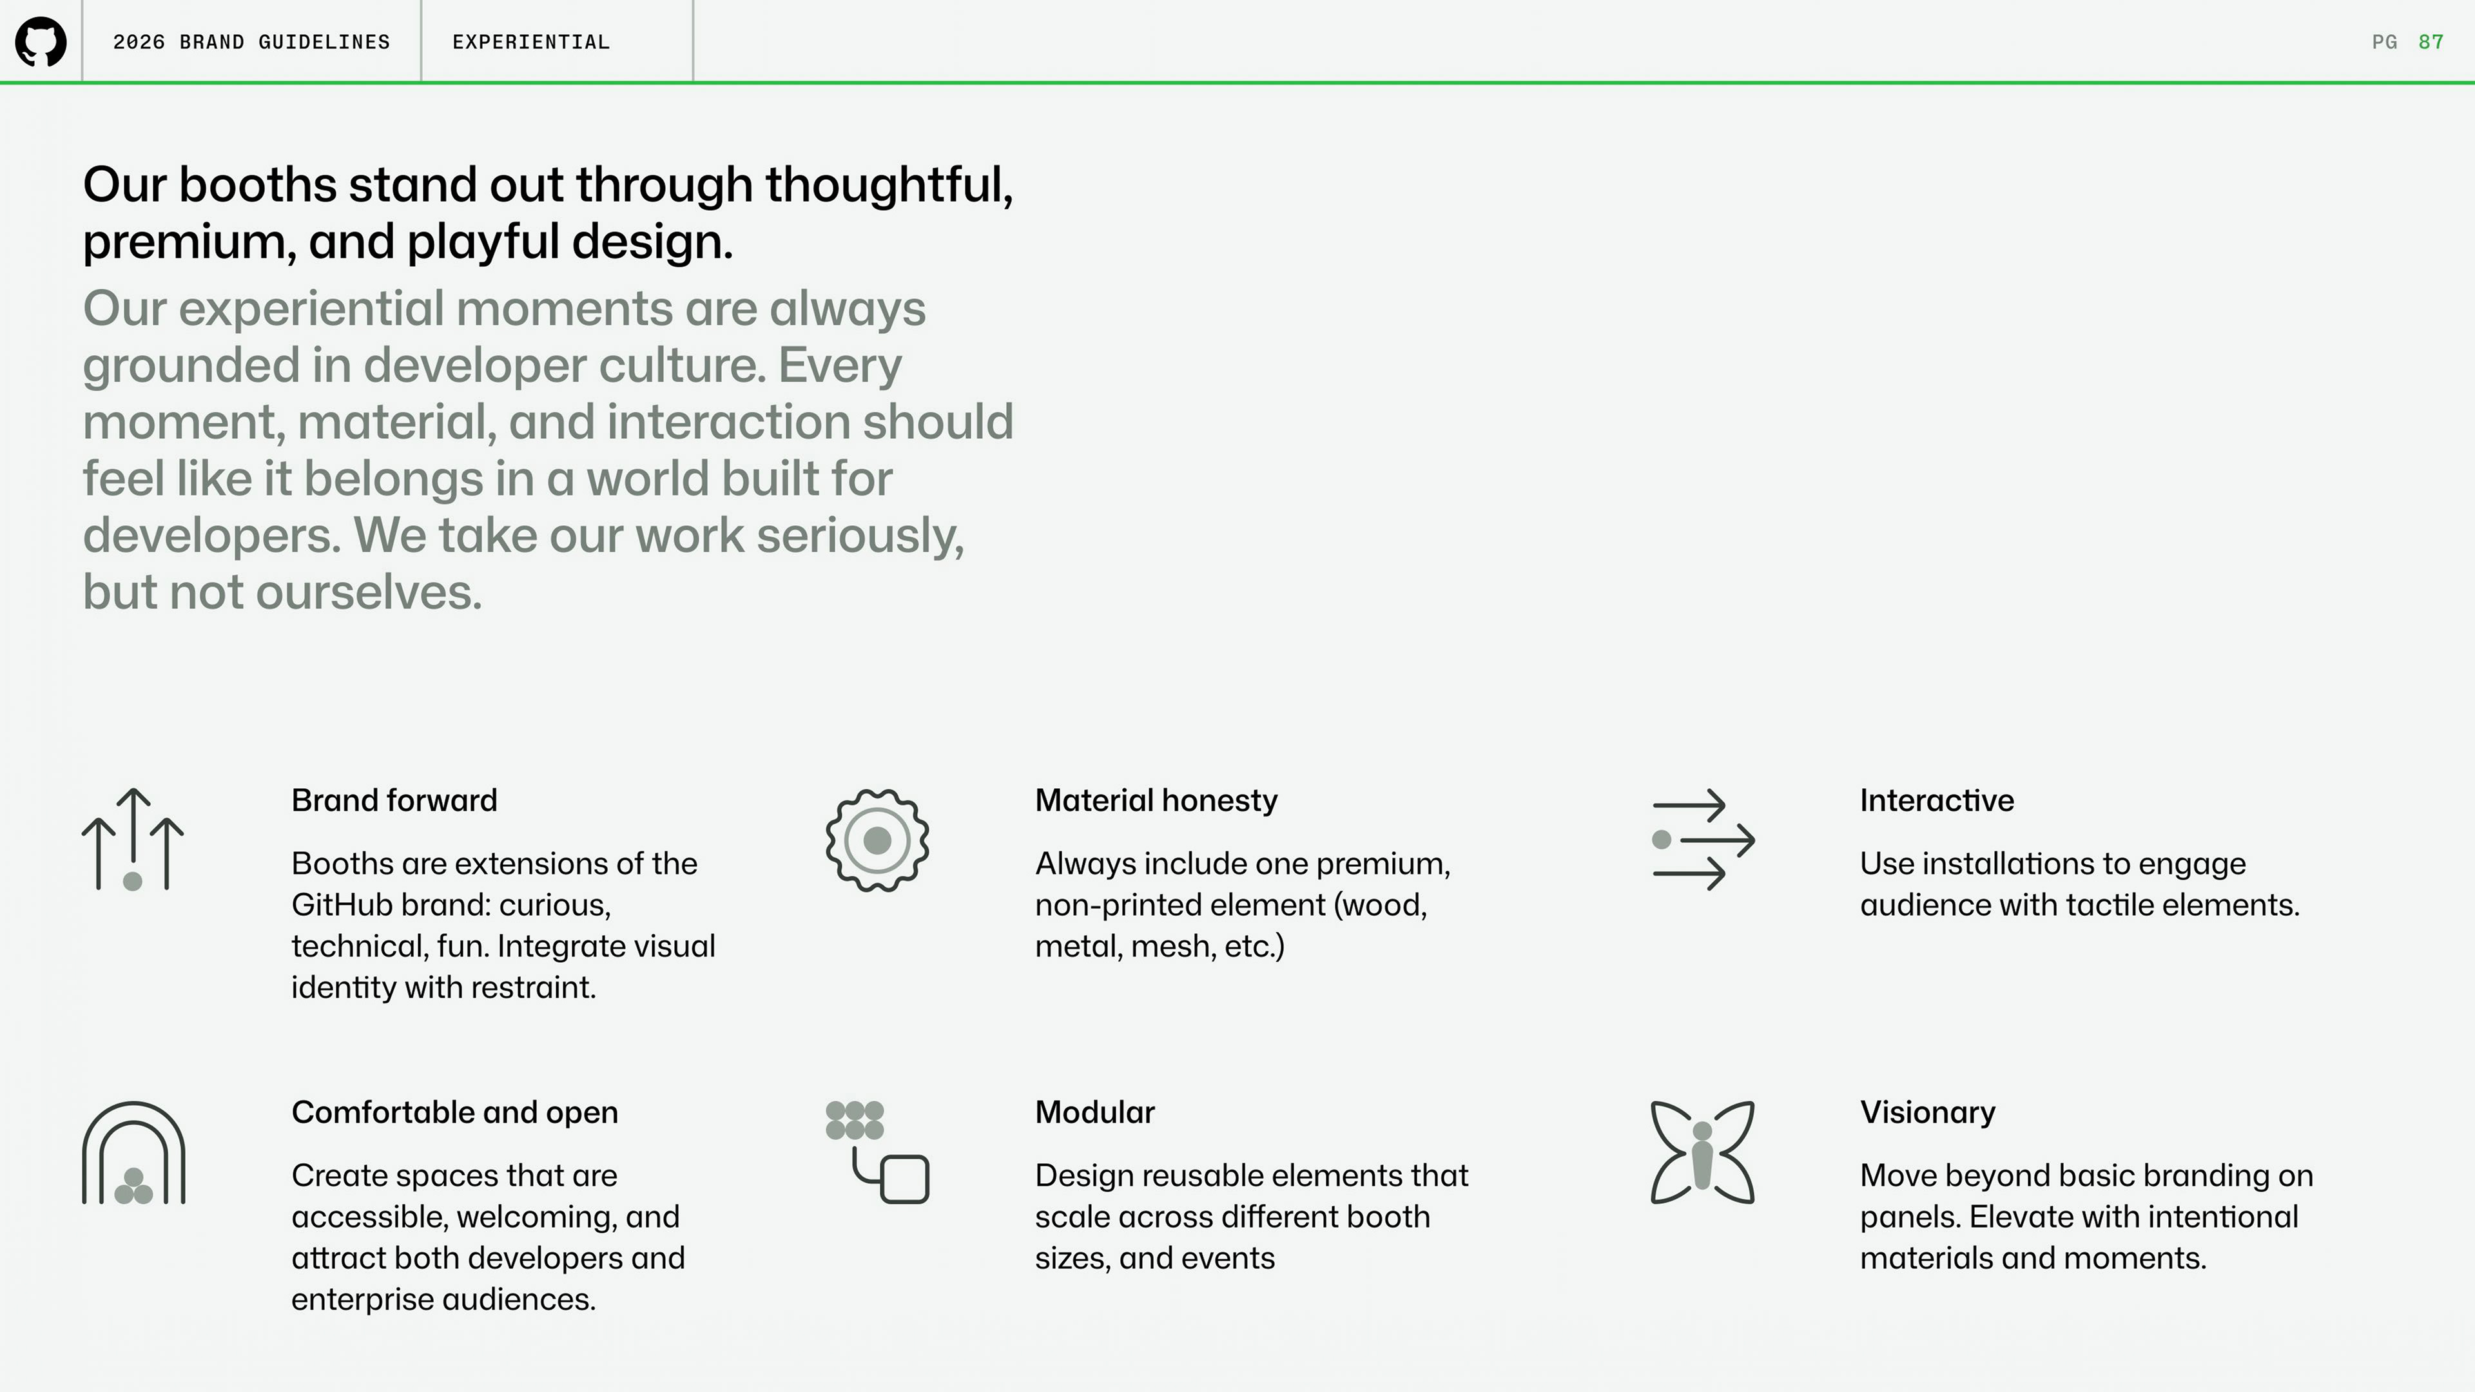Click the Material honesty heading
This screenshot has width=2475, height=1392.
click(x=1156, y=800)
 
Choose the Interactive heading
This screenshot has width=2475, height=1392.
click(x=1937, y=800)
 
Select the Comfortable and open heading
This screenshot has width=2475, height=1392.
click(x=454, y=1112)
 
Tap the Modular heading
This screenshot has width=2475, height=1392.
click(x=1094, y=1112)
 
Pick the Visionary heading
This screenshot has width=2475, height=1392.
click(x=1927, y=1112)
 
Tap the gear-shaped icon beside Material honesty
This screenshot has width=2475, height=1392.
click(x=877, y=840)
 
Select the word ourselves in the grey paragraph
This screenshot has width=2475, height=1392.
click(x=368, y=592)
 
